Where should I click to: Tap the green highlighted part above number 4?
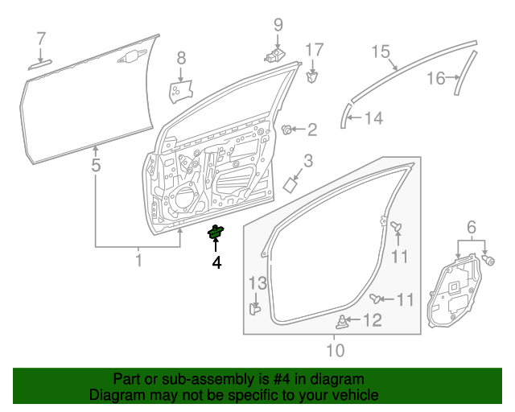[x=216, y=233]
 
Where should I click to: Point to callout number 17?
[x=313, y=49]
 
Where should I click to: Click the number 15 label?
[x=381, y=52]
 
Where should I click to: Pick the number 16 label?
[x=435, y=78]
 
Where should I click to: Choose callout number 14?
[x=374, y=119]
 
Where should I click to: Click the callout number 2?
[x=312, y=129]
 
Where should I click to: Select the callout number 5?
[x=96, y=167]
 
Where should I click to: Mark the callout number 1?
[x=138, y=260]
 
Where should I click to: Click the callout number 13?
[x=256, y=282]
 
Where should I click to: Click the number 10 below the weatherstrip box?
[x=335, y=349]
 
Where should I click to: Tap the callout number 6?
[x=472, y=228]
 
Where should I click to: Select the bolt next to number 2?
[x=287, y=129]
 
